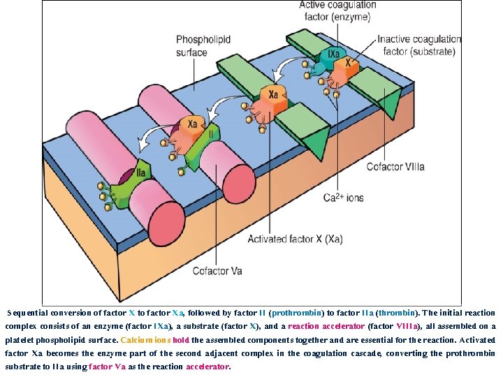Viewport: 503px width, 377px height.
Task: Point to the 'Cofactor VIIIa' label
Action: [395, 167]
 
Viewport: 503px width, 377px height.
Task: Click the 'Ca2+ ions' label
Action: [343, 198]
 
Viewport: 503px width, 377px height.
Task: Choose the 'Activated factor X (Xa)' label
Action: [295, 239]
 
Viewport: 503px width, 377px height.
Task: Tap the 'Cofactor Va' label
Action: [217, 271]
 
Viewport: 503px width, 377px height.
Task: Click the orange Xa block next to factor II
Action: [193, 126]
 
